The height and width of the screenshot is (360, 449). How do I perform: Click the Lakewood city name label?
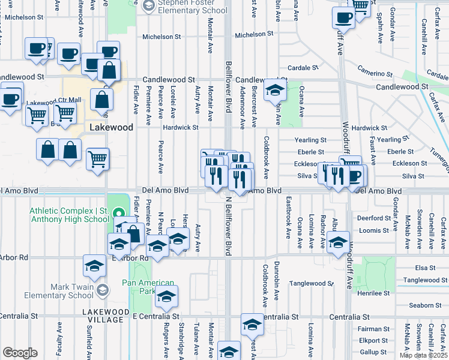click(x=110, y=128)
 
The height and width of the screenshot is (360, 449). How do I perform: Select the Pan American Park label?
click(x=148, y=287)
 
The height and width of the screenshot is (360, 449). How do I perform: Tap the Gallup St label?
click(x=373, y=352)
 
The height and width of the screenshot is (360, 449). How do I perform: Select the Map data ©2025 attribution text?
click(x=424, y=355)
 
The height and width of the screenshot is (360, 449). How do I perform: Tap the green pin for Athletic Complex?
click(x=119, y=212)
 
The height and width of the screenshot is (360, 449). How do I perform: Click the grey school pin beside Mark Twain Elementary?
click(x=102, y=290)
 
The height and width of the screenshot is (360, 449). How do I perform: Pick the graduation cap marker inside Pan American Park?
click(x=166, y=297)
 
